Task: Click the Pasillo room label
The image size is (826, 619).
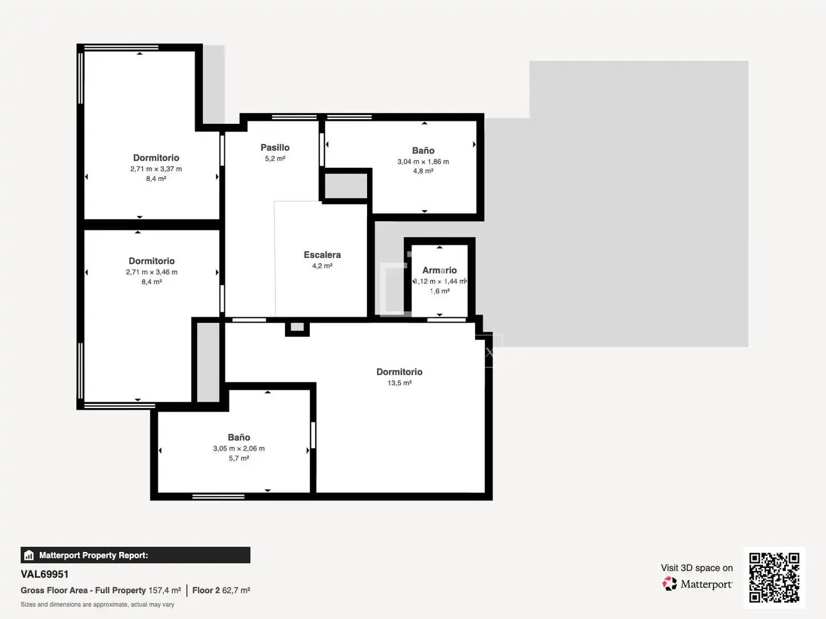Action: [275, 147]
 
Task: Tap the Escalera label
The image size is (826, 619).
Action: [322, 254]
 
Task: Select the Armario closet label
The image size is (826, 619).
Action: [439, 270]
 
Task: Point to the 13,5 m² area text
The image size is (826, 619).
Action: [400, 383]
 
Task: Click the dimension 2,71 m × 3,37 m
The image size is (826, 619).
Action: [156, 169]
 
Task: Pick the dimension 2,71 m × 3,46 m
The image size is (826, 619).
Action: [151, 272]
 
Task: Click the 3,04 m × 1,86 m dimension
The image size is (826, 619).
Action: [423, 162]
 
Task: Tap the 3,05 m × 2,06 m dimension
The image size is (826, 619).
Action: [239, 448]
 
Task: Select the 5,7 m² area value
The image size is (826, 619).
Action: [239, 458]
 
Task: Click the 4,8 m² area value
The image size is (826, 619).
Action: [423, 171]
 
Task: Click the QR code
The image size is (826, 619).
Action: [774, 577]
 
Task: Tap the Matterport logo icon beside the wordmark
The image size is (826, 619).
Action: [669, 583]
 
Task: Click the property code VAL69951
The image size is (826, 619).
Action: [44, 574]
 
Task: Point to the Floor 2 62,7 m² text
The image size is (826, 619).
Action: [221, 590]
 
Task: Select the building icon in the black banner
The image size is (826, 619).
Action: [29, 555]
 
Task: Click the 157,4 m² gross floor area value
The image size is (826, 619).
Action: [165, 590]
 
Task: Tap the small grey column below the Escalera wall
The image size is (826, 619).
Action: [297, 327]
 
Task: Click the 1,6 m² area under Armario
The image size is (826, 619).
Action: [439, 291]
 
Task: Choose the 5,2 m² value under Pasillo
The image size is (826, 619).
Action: [275, 159]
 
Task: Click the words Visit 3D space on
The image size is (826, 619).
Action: [697, 568]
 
